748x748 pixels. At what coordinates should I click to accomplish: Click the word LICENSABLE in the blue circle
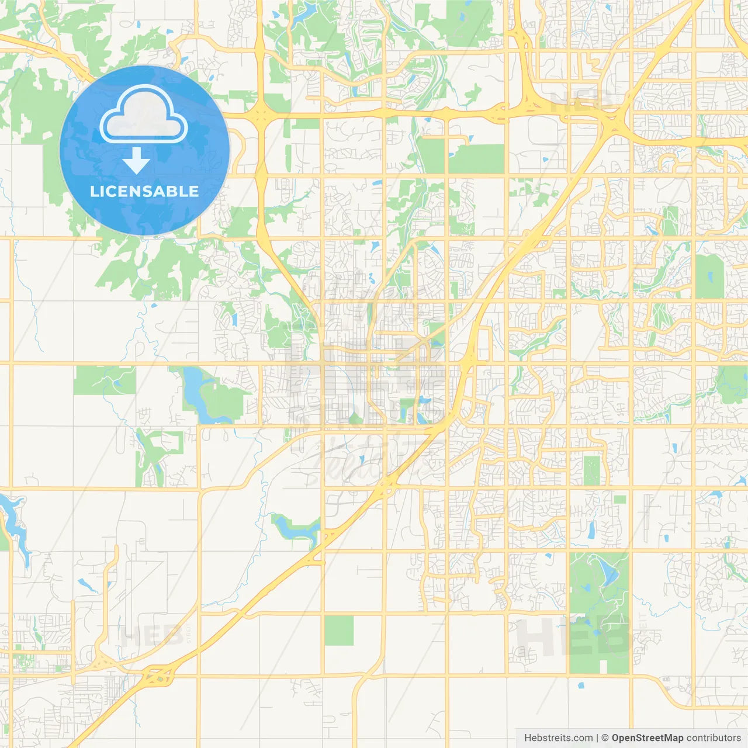144,191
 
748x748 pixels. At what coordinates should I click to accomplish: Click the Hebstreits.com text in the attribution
558,738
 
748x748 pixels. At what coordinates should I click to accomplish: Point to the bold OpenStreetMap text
647,738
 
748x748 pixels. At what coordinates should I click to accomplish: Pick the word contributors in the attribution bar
713,738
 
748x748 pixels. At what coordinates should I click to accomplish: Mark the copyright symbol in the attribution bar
605,738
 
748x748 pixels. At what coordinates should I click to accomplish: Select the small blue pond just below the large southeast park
580,685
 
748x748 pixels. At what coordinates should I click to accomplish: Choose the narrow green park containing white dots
591,470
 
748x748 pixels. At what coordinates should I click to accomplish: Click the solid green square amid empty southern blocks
339,631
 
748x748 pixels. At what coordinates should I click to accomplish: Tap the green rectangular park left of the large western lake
104,380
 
